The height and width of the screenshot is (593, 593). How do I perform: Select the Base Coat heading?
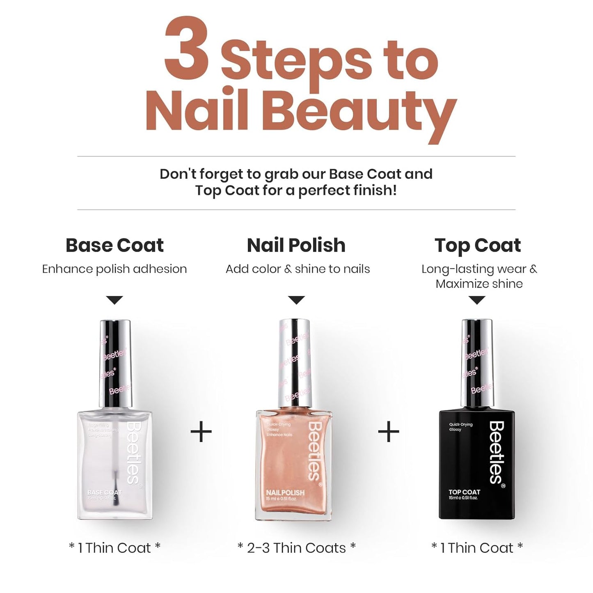(114, 245)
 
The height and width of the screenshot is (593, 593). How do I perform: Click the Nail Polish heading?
(296, 245)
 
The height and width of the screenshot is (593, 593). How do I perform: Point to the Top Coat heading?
(478, 245)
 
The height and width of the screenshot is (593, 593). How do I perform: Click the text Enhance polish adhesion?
(114, 269)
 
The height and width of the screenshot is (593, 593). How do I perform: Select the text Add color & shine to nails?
(298, 269)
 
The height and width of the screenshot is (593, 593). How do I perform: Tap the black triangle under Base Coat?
(114, 300)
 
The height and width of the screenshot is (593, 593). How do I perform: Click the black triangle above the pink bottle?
(296, 300)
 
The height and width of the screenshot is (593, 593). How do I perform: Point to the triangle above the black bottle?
(477, 300)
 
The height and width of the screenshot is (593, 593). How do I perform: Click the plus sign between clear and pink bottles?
(201, 432)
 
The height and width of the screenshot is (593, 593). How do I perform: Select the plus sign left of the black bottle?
(388, 432)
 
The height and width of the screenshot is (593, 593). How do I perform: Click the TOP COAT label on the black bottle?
(464, 492)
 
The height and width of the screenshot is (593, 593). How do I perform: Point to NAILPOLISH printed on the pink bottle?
(285, 492)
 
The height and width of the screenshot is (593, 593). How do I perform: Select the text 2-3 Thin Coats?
(296, 548)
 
